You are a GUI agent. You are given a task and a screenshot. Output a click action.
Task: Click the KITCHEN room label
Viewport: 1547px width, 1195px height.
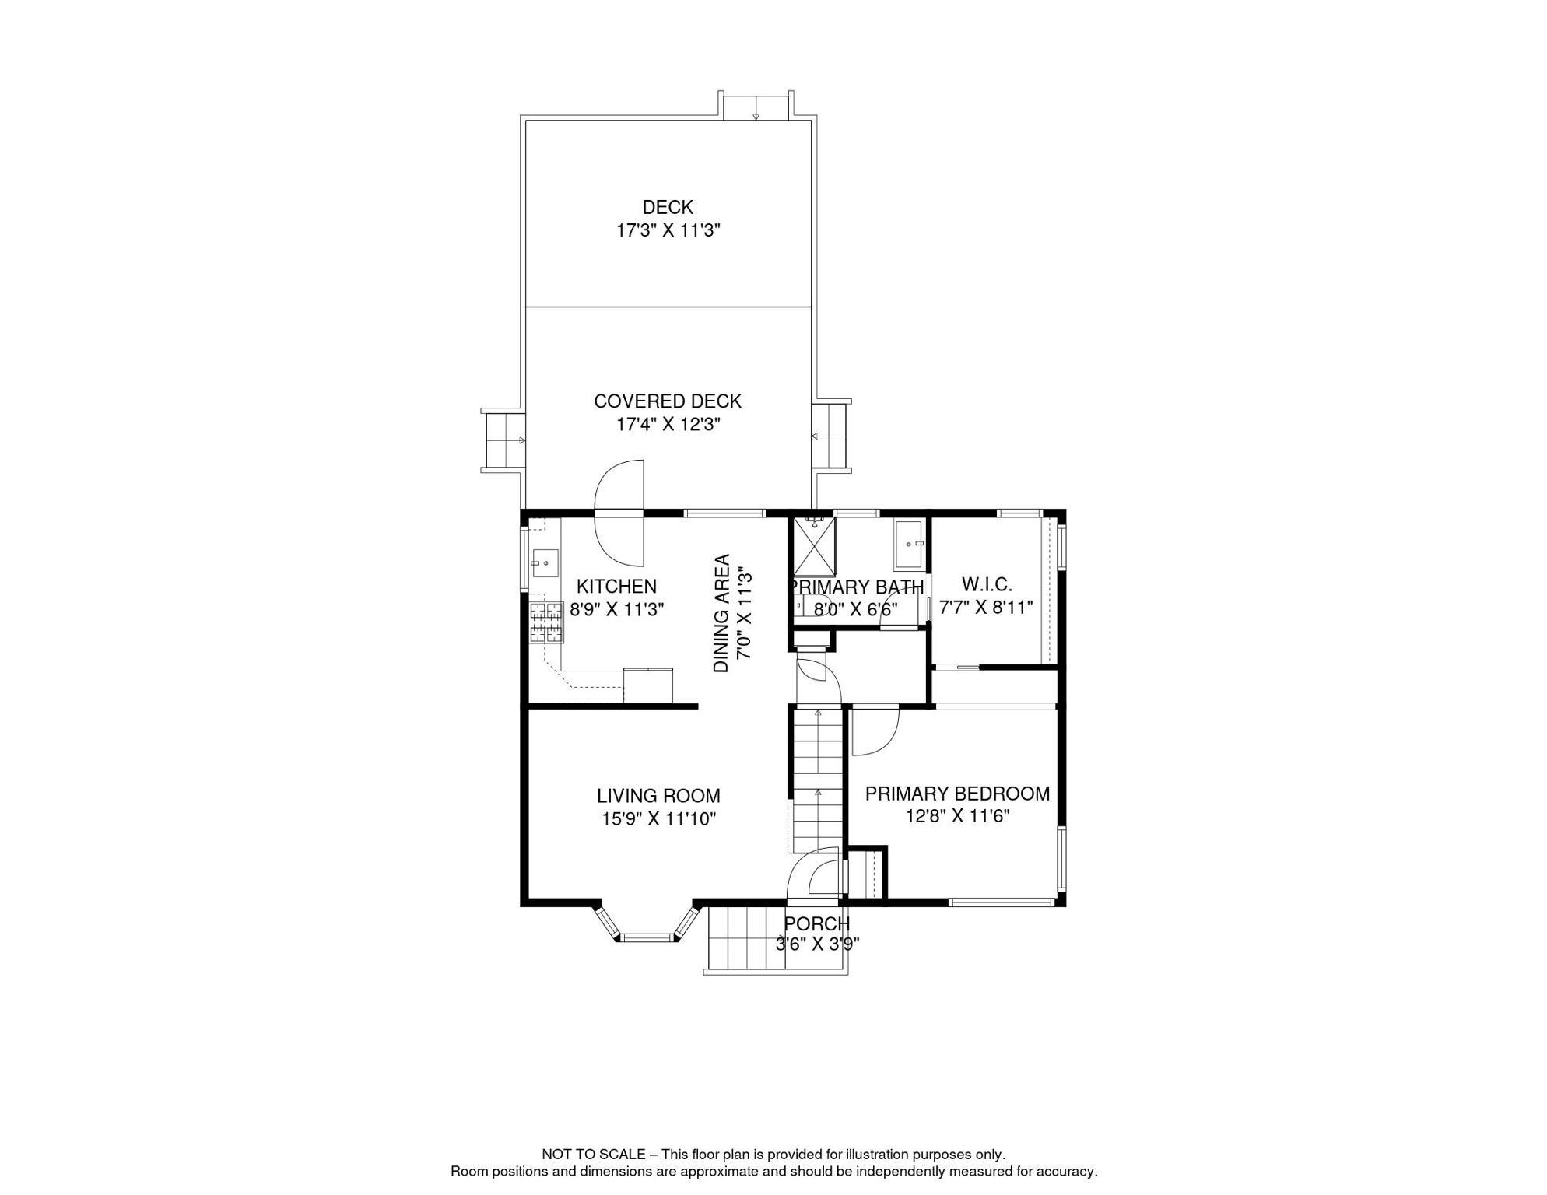point(616,587)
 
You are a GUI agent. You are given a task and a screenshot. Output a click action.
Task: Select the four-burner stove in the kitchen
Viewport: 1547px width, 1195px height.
point(546,622)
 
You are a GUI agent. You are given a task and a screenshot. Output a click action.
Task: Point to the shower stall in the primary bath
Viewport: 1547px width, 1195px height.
point(814,547)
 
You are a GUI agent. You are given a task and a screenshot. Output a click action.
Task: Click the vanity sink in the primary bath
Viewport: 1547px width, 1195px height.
point(909,545)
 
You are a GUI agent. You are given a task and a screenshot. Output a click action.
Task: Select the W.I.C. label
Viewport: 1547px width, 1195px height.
point(987,584)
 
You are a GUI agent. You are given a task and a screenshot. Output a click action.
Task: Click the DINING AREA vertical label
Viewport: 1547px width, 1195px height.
point(722,613)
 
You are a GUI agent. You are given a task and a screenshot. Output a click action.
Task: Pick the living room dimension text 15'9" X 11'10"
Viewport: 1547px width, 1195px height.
point(658,818)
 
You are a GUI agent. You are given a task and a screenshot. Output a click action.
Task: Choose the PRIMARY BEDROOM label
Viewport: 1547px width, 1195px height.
point(957,794)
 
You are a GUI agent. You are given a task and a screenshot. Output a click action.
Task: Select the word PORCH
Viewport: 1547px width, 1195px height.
point(817,923)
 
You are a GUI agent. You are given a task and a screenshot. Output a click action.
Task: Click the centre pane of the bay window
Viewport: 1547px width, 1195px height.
point(647,937)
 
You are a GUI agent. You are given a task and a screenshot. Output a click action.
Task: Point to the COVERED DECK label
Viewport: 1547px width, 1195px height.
point(668,401)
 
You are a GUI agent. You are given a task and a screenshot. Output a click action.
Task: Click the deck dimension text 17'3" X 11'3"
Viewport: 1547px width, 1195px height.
point(668,230)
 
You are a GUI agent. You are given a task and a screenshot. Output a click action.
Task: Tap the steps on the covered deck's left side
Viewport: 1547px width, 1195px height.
point(505,440)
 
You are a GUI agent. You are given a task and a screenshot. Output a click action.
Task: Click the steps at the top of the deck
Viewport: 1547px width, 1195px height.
point(756,108)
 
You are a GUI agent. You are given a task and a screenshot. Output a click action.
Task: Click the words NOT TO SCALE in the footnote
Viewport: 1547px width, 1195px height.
point(594,1155)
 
